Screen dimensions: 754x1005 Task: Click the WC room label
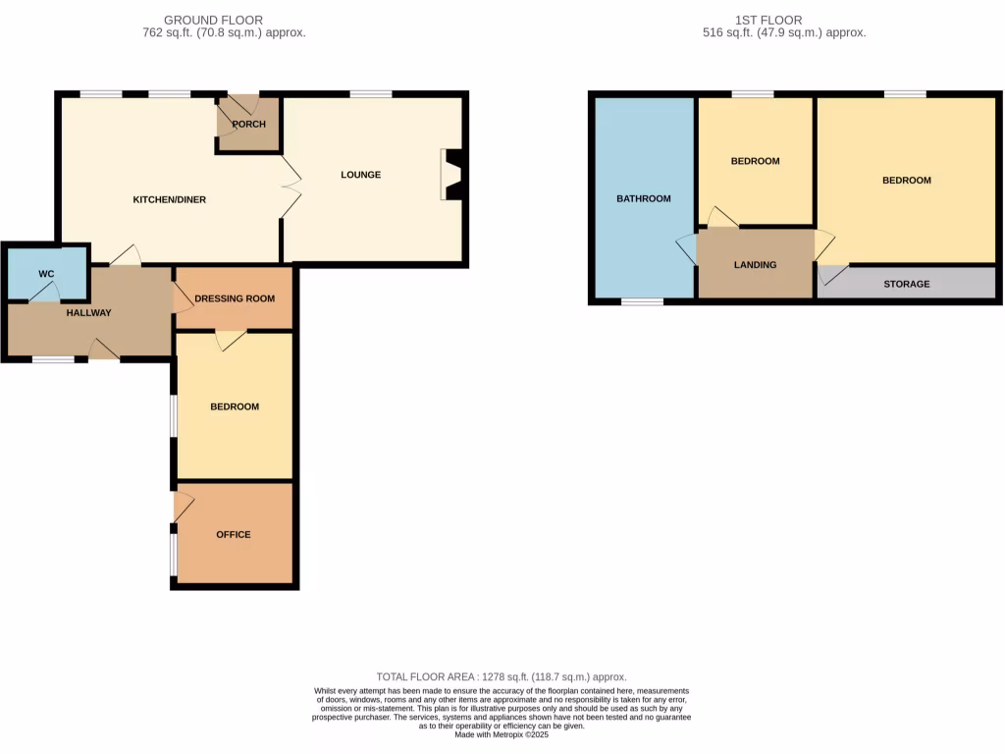coord(46,273)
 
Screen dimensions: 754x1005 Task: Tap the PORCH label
coord(248,124)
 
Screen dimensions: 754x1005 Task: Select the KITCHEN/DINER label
coord(169,199)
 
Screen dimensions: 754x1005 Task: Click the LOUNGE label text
coord(360,175)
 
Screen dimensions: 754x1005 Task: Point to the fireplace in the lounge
coord(453,175)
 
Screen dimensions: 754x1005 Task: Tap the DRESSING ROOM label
coord(235,298)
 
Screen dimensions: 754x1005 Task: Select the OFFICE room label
coord(233,535)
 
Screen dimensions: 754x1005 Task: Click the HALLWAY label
coord(88,313)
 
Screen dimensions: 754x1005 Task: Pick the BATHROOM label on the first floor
coord(643,198)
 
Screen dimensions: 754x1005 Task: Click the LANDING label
coord(755,265)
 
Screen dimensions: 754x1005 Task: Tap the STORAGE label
coord(906,284)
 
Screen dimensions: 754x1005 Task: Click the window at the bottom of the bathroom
coord(642,301)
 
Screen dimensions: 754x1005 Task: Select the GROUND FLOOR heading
coord(213,20)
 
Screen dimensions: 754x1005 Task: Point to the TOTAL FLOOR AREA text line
coord(502,677)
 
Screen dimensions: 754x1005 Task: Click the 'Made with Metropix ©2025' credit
coord(502,734)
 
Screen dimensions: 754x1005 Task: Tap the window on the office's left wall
coord(174,554)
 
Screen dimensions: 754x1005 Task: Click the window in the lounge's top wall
coord(370,94)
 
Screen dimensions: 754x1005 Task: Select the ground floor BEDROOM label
coord(235,406)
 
